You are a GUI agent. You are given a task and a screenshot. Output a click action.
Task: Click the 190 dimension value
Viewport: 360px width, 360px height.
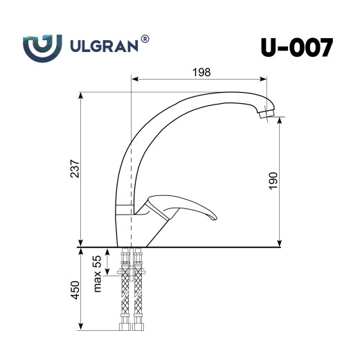click(273, 181)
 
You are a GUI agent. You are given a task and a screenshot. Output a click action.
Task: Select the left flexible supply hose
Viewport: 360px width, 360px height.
click(126, 291)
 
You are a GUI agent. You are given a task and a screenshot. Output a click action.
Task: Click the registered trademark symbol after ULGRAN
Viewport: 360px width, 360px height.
click(145, 40)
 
